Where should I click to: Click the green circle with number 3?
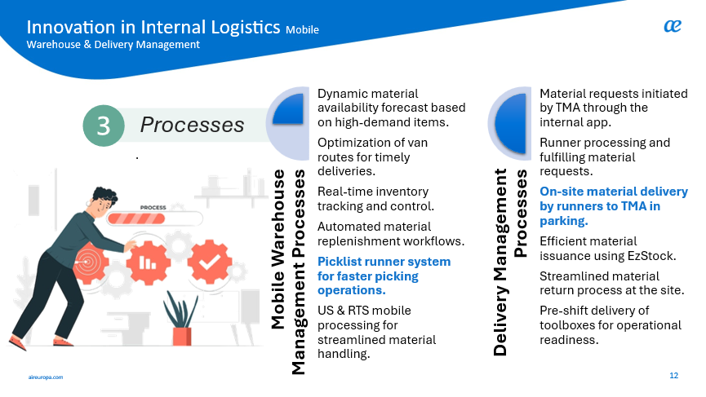pyautogui.click(x=104, y=125)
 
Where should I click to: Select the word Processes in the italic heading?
pyautogui.click(x=192, y=125)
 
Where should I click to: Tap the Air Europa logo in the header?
pyautogui.click(x=672, y=27)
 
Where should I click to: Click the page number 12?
pyautogui.click(x=673, y=375)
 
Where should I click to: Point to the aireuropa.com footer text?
pyautogui.click(x=45, y=377)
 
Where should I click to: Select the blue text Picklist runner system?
pyautogui.click(x=384, y=262)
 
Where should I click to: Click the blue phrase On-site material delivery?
pyautogui.click(x=614, y=192)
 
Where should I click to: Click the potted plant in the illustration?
pyautogui.click(x=180, y=320)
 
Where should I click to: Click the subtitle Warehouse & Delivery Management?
pyautogui.click(x=113, y=45)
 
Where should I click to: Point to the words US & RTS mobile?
pyautogui.click(x=364, y=311)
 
